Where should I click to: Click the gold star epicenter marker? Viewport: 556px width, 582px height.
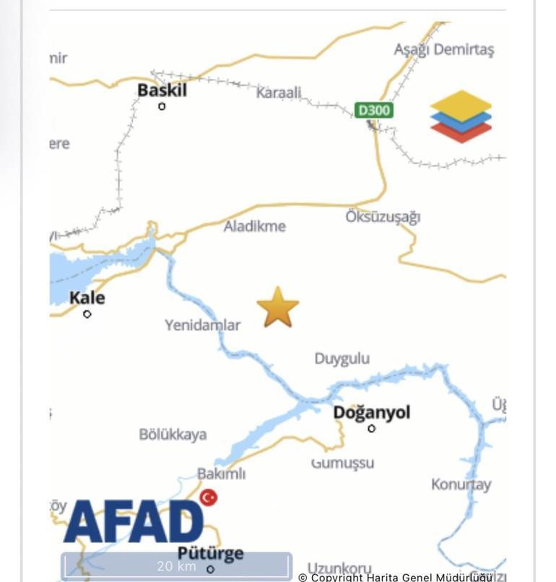click(278, 307)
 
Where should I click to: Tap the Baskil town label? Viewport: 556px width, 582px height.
click(162, 90)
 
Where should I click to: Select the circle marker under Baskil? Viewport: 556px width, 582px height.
click(162, 106)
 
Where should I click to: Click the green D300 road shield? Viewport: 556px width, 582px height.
click(374, 111)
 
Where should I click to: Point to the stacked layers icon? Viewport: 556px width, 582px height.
click(461, 116)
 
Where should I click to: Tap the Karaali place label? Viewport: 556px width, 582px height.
click(279, 93)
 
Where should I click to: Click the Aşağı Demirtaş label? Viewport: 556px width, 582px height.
click(443, 49)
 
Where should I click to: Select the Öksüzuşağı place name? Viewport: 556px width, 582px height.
click(383, 217)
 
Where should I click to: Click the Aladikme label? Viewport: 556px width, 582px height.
click(254, 226)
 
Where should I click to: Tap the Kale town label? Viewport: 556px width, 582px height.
click(87, 298)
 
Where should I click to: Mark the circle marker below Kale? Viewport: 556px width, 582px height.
click(87, 314)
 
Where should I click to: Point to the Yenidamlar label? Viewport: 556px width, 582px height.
click(202, 325)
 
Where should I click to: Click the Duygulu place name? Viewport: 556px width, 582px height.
click(342, 359)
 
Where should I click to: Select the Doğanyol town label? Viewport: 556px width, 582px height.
click(371, 412)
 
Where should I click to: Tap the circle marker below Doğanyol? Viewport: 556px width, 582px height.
click(372, 429)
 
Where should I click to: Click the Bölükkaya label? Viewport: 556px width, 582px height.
click(173, 435)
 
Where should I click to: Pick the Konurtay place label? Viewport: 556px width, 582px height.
click(461, 484)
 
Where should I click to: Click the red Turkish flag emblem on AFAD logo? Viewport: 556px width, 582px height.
click(209, 497)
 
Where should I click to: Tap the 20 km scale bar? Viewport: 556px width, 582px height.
click(176, 566)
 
